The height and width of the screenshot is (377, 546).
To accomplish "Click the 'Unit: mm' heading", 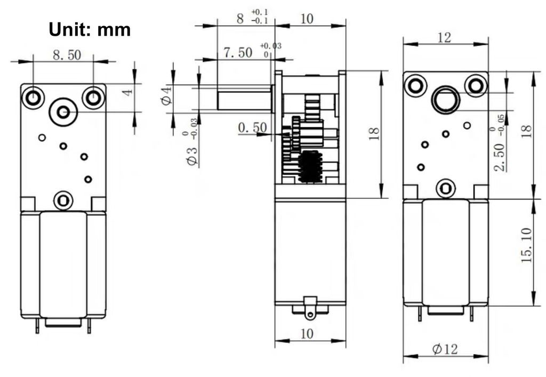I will pos(90,30).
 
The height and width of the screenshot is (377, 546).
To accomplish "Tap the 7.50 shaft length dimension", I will pos(238,53).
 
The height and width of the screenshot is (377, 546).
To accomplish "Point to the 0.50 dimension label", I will pos(252,128).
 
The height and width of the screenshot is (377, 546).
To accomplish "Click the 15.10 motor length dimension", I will pos(526,245).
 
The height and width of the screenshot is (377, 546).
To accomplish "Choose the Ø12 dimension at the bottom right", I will pos(445,349).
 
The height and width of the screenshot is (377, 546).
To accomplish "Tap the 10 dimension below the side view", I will pos(307,333).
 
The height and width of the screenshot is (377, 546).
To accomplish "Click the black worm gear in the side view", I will pos(310,166).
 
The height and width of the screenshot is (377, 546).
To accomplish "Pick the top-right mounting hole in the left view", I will pos(93,97).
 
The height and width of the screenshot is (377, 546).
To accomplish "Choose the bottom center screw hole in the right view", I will pos(445,188).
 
